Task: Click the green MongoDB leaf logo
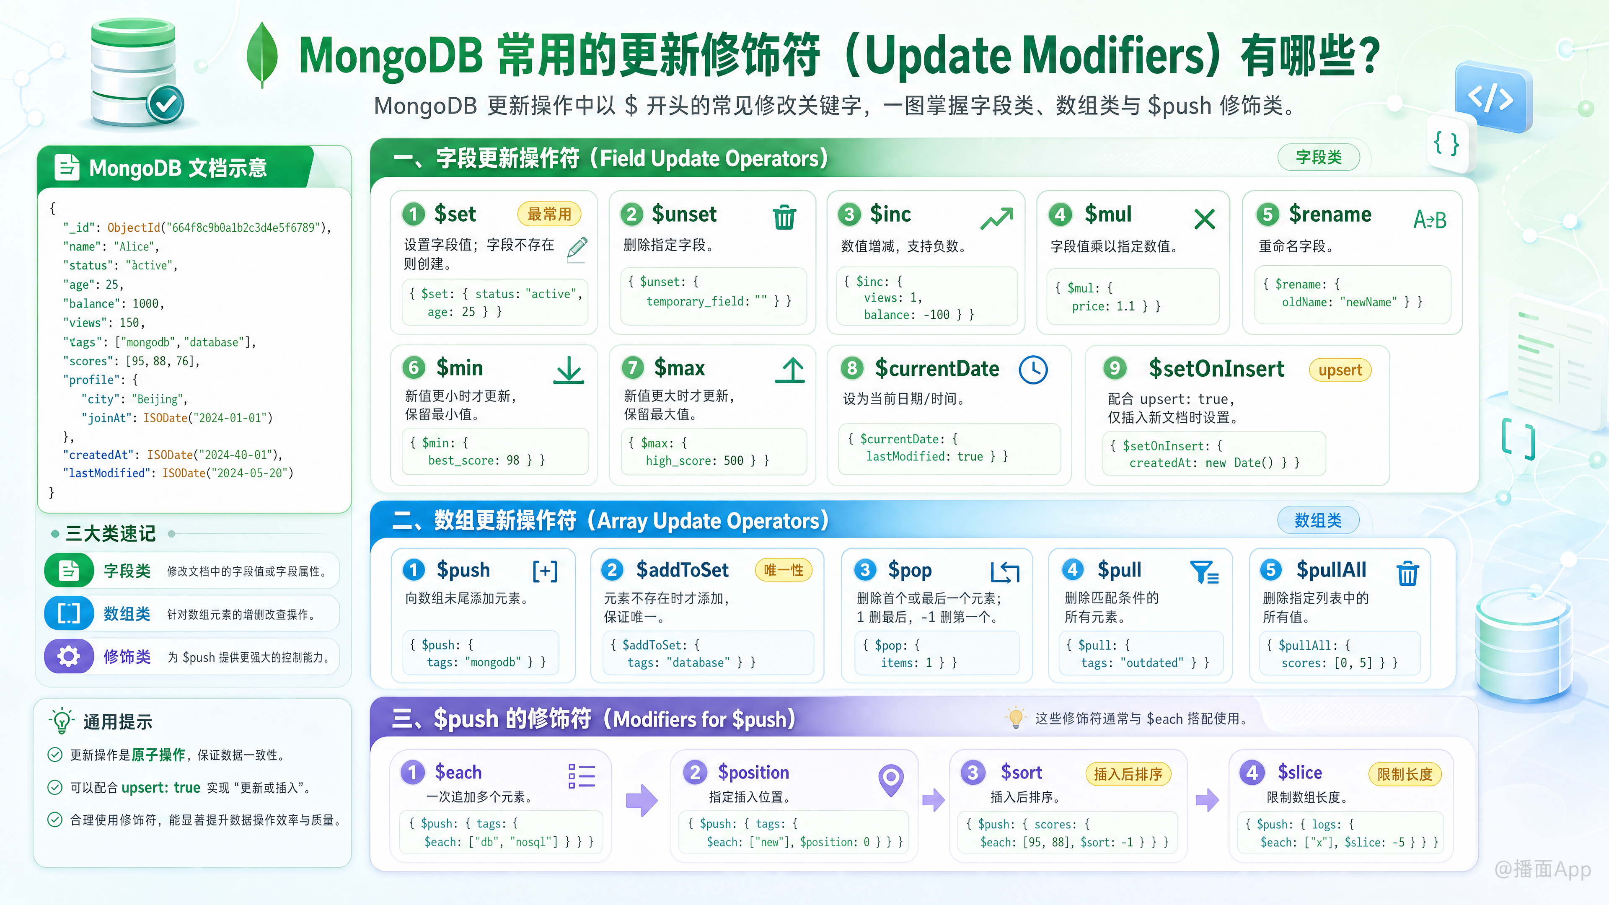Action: point(262,55)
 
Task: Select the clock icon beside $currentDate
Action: point(1033,370)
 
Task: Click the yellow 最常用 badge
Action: point(549,214)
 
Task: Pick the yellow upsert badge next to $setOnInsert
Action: point(1340,370)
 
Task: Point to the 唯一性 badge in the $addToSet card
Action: point(783,570)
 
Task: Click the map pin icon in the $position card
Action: point(891,779)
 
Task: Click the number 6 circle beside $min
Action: point(414,368)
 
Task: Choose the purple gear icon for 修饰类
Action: point(69,657)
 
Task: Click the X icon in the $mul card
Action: point(1204,219)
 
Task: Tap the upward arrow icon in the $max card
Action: point(790,370)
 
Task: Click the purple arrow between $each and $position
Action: point(642,800)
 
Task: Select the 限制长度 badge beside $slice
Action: point(1405,774)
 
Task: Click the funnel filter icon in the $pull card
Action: point(1204,571)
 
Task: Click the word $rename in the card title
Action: point(1330,214)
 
